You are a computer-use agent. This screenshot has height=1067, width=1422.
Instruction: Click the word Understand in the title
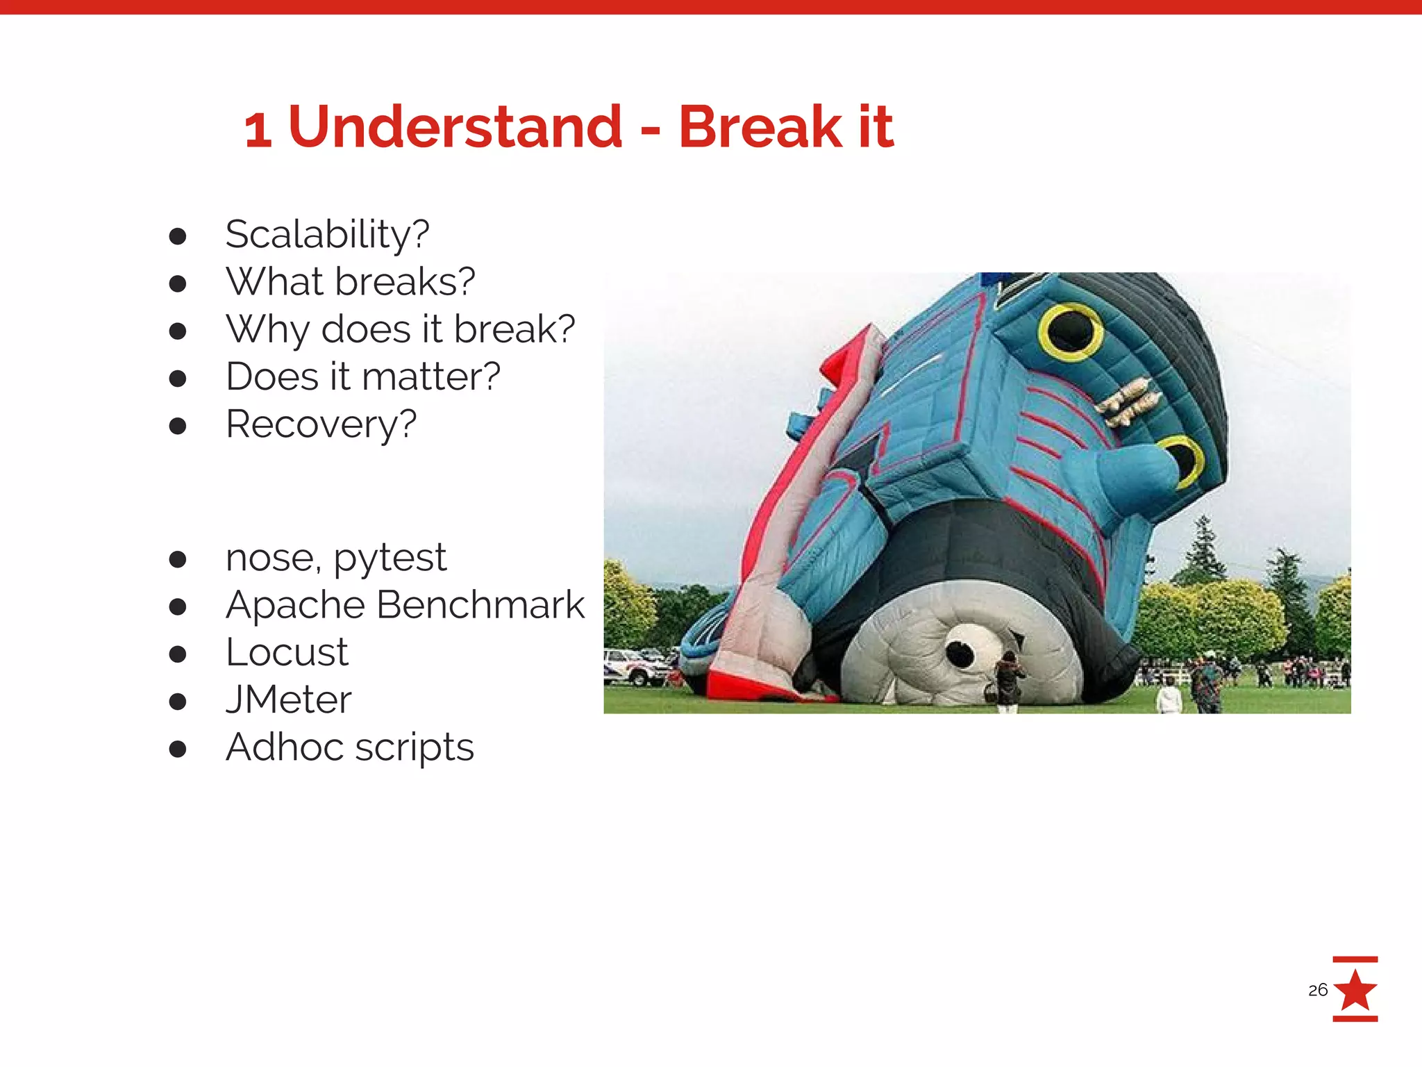pyautogui.click(x=455, y=127)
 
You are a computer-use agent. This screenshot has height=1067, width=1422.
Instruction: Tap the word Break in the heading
pyautogui.click(x=760, y=127)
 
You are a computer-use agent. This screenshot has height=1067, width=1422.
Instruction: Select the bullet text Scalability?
pyautogui.click(x=327, y=235)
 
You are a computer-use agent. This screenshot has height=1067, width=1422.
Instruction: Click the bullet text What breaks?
pyautogui.click(x=350, y=282)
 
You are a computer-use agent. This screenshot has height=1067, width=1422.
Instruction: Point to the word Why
pyautogui.click(x=267, y=329)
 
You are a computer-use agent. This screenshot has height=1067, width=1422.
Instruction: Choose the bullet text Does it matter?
pyautogui.click(x=362, y=377)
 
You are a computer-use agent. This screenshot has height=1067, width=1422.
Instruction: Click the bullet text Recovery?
pyautogui.click(x=321, y=424)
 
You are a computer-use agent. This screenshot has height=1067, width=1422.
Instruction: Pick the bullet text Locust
pyautogui.click(x=287, y=652)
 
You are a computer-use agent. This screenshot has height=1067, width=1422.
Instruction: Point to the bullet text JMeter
pyautogui.click(x=288, y=700)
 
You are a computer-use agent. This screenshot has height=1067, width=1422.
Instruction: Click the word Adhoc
pyautogui.click(x=284, y=747)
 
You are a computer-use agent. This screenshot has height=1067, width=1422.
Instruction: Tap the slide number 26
pyautogui.click(x=1317, y=990)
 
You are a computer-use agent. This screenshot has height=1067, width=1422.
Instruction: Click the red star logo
pyautogui.click(x=1355, y=989)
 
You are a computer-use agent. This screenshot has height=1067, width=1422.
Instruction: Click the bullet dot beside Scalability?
pyautogui.click(x=178, y=236)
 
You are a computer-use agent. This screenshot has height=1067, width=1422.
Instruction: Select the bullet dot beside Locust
pyautogui.click(x=178, y=654)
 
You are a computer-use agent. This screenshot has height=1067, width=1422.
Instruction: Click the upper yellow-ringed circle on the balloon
pyautogui.click(x=1070, y=331)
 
